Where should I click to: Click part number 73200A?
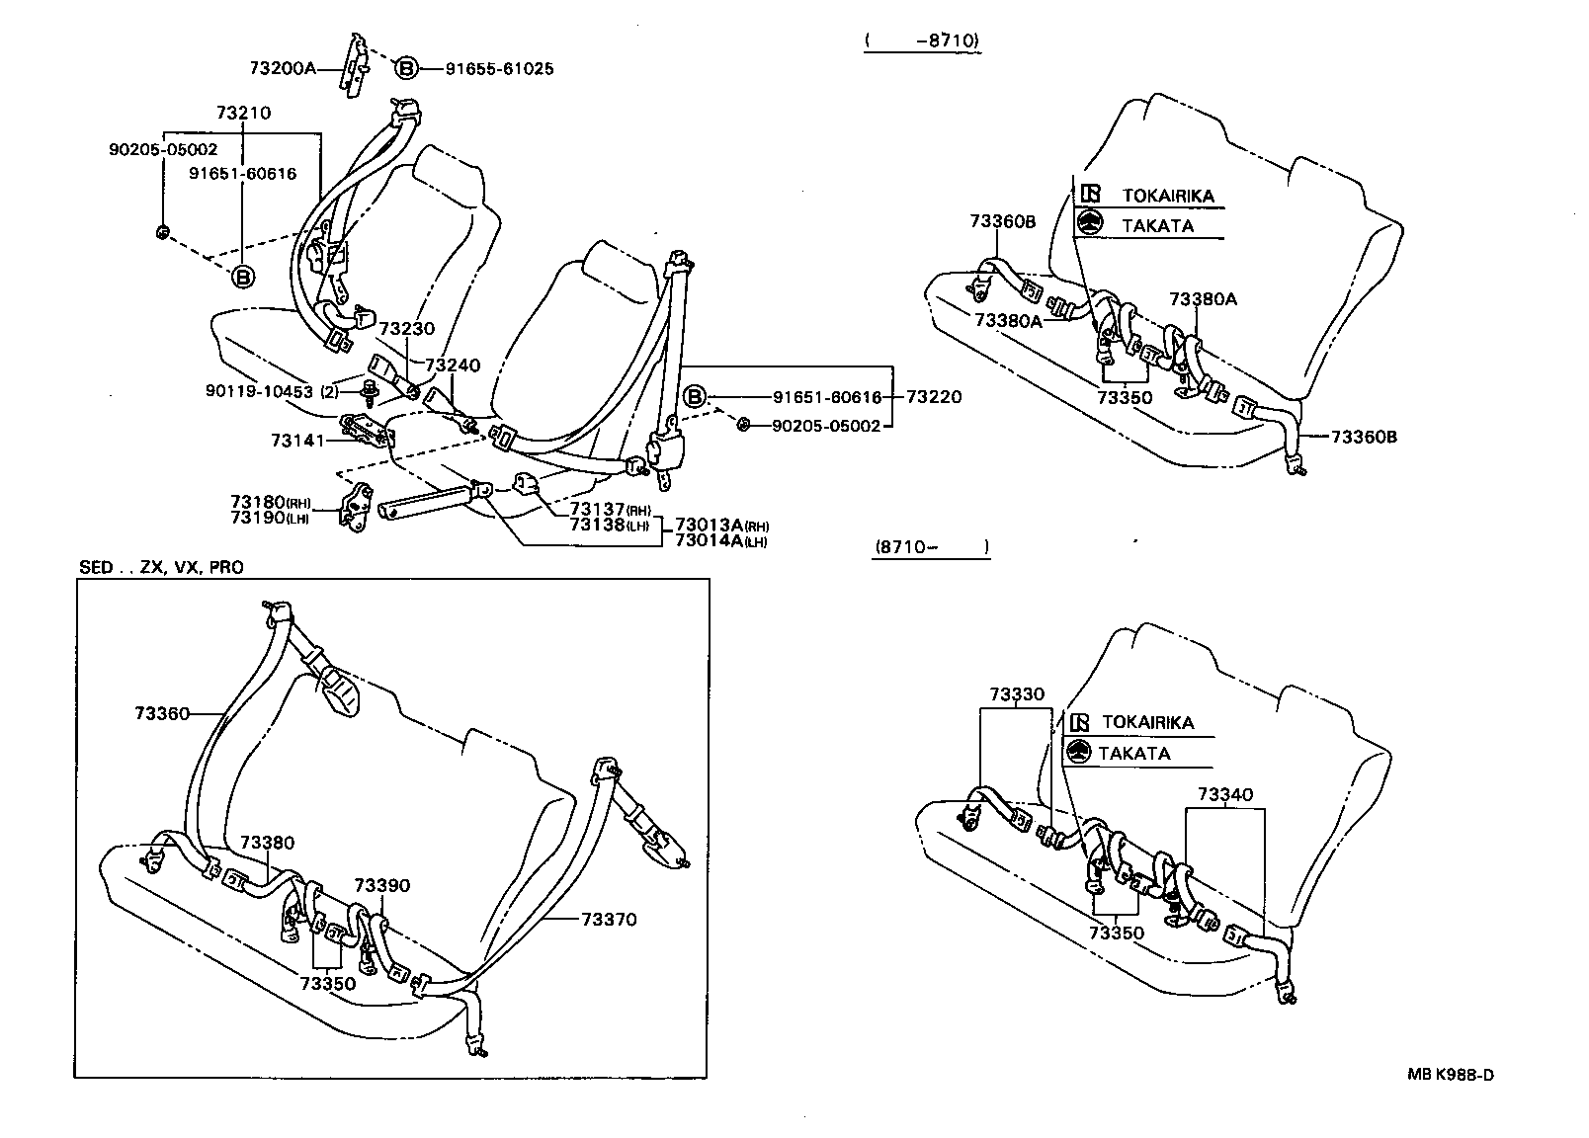tap(282, 68)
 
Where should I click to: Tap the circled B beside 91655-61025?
tap(405, 68)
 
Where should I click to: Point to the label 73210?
tap(243, 113)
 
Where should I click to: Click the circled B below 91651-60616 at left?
tap(242, 278)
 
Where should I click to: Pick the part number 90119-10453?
tap(259, 390)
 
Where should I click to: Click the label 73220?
tap(933, 397)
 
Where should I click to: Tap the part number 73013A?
tap(709, 525)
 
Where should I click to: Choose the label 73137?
tap(597, 510)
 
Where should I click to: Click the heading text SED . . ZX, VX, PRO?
tap(161, 567)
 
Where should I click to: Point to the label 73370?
tap(609, 919)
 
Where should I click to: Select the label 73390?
tap(382, 885)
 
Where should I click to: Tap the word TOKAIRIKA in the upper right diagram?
tap(1167, 196)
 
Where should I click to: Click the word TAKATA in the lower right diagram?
tap(1147, 753)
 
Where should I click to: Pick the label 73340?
tap(1225, 794)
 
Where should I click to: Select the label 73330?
tap(1016, 694)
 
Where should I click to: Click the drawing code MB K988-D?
tap(1451, 1075)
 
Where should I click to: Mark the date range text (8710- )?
tap(931, 545)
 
